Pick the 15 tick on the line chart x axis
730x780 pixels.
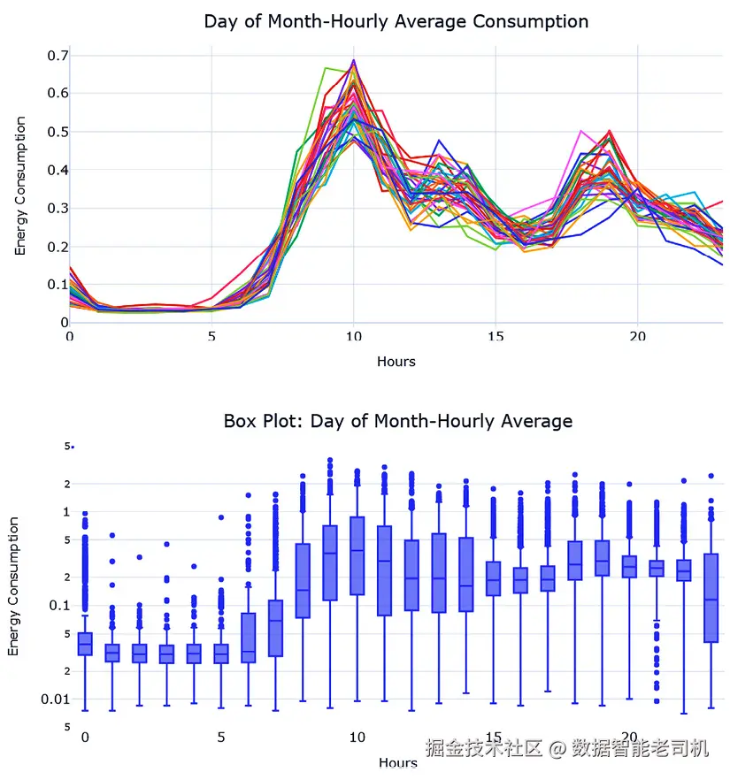pyautogui.click(x=495, y=337)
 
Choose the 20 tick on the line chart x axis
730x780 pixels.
pyautogui.click(x=637, y=337)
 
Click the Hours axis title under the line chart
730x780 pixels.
pyautogui.click(x=396, y=361)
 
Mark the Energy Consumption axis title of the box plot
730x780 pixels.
pyautogui.click(x=13, y=587)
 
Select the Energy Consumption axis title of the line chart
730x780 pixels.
pyautogui.click(x=20, y=187)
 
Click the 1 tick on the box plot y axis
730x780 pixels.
pyautogui.click(x=65, y=512)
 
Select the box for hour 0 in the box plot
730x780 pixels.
pyautogui.click(x=85, y=644)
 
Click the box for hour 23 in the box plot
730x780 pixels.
pyautogui.click(x=711, y=598)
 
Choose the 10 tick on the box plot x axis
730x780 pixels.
pyautogui.click(x=357, y=737)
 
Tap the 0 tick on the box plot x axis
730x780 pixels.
pyautogui.click(x=85, y=737)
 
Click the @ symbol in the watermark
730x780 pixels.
pyautogui.click(x=556, y=749)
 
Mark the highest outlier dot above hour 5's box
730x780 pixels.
pyautogui.click(x=221, y=517)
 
